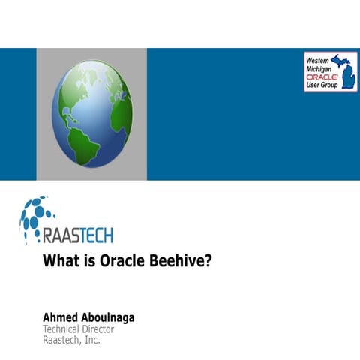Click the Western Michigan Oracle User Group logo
330,72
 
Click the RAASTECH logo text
78,236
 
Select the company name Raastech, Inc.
71,340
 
